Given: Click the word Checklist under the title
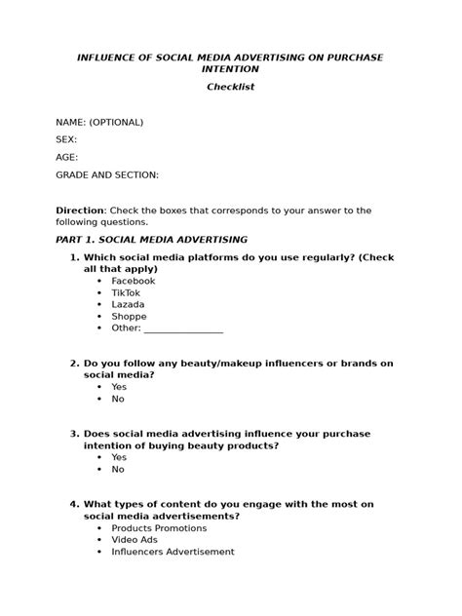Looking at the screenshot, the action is coord(230,88).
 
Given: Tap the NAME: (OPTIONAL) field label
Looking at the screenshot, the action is coord(99,122).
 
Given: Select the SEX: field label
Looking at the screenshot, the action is coord(66,139).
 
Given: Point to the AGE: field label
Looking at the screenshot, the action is coord(66,157).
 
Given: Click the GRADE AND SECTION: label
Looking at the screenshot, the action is coord(106,174).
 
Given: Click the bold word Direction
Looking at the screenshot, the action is coord(81,210).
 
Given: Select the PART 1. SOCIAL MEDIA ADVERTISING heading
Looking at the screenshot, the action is coord(151,239).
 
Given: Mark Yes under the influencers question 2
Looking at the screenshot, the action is coord(119,386).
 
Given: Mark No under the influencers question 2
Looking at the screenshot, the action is coord(118,399).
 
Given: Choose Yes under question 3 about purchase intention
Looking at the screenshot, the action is coord(119,456).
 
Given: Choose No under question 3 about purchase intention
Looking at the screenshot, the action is coord(118,469).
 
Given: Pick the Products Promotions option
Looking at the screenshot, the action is coord(159,528).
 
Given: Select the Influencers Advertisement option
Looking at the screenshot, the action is coord(173,552).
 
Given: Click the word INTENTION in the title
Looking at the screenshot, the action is coord(230,70).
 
